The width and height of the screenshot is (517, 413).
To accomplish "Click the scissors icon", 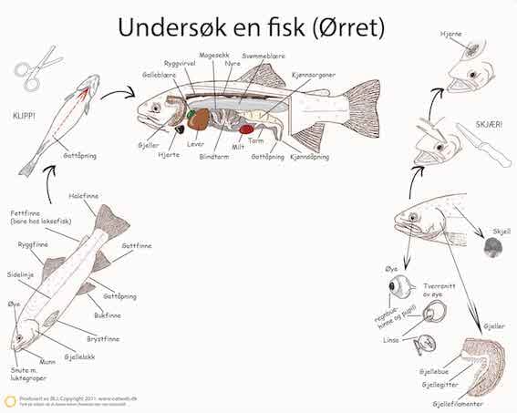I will (37, 68).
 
